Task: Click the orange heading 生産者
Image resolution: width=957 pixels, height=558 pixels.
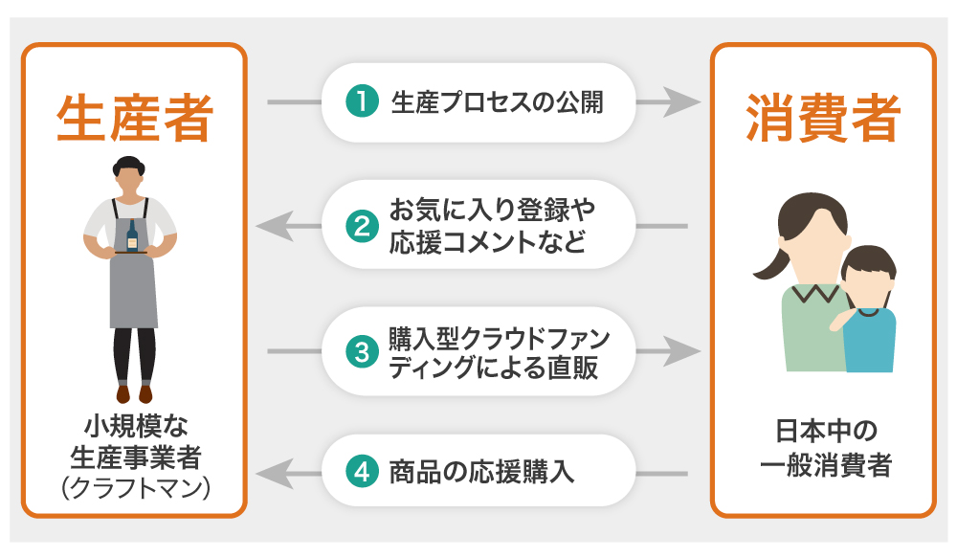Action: coord(134,119)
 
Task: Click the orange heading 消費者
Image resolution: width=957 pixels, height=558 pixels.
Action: coord(822,119)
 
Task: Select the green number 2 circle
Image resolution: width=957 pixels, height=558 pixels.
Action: coord(361,227)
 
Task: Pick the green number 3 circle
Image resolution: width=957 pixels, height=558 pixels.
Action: coord(361,352)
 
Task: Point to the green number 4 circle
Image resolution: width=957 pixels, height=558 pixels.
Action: coord(361,472)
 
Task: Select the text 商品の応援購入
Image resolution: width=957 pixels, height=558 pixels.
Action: coord(482,472)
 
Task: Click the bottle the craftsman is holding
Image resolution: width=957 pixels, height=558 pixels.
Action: coord(132,235)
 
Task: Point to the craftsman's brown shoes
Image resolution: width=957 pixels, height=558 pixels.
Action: coord(134,393)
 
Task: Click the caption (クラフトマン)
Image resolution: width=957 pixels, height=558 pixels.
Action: coord(134,488)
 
